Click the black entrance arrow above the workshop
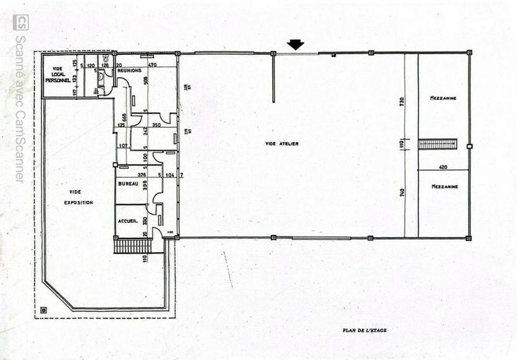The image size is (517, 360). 295,45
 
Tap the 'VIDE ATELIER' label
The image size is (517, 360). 282,143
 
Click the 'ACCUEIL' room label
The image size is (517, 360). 127,222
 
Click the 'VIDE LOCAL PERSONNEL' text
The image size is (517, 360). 58,74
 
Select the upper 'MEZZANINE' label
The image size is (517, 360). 443,98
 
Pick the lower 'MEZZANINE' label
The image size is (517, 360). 444,187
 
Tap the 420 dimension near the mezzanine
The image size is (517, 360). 444,166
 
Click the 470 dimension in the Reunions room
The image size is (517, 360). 153,65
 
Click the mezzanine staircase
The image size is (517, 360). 438,143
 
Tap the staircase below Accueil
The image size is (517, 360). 132,246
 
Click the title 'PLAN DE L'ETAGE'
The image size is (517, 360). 365,330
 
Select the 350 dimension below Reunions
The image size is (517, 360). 156,124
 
